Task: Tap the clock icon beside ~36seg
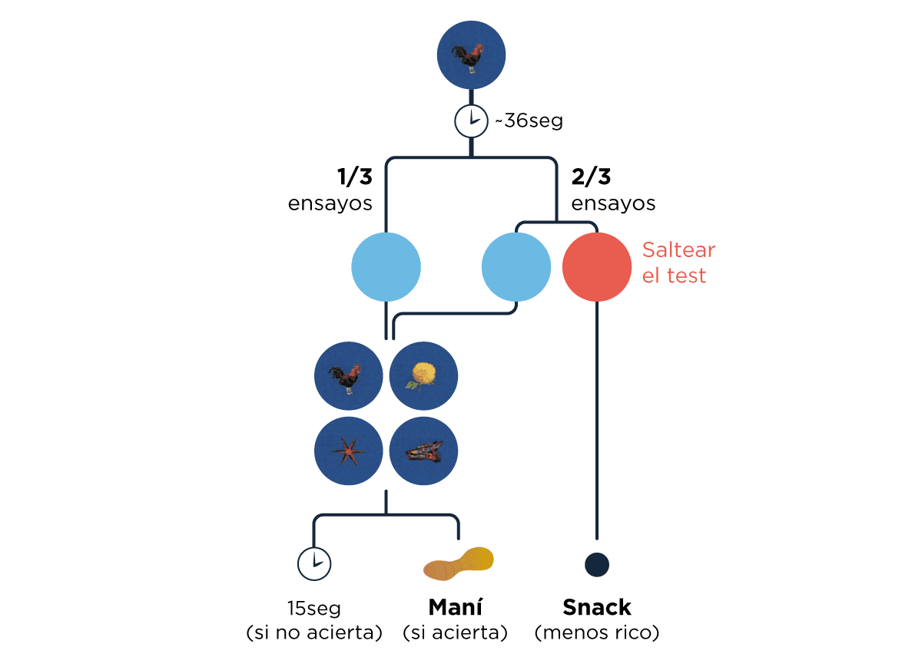[471, 121]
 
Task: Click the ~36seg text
[528, 121]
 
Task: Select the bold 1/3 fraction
[354, 177]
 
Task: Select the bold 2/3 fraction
[591, 177]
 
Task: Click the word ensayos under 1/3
[330, 203]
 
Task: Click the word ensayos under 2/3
[613, 203]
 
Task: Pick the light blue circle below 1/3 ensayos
[386, 267]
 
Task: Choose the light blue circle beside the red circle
[516, 267]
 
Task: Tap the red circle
[597, 267]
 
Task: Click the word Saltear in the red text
[678, 250]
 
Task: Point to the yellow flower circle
[424, 376]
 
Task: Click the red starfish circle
[349, 451]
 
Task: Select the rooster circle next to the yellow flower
[349, 376]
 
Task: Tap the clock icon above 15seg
[313, 564]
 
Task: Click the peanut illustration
[459, 564]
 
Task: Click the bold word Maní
[455, 607]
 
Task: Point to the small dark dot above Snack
[597, 565]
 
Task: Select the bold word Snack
[597, 607]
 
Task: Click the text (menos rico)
[597, 633]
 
